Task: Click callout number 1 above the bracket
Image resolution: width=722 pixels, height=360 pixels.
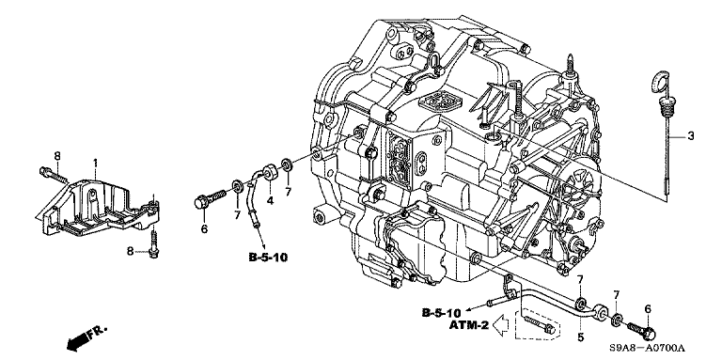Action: [x=95, y=163]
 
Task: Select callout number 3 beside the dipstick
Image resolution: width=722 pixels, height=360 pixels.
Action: [x=690, y=136]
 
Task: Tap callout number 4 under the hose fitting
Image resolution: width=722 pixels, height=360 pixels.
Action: [x=271, y=201]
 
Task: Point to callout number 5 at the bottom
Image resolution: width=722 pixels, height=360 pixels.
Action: [x=581, y=337]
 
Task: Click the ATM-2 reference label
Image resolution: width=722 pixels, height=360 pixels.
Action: [x=469, y=325]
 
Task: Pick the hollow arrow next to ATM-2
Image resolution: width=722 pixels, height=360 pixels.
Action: [x=500, y=325]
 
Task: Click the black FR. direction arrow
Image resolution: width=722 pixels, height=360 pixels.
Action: [x=86, y=337]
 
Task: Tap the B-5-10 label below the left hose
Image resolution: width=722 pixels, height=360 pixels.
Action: [x=268, y=258]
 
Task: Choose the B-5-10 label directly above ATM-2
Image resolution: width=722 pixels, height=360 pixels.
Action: [x=442, y=313]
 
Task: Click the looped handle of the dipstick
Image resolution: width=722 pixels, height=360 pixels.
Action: [x=661, y=81]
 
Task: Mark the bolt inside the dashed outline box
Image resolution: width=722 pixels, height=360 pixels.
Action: [x=540, y=324]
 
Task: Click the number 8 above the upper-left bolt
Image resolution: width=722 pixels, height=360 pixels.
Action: [x=57, y=156]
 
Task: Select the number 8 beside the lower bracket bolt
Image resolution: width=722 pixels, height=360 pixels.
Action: [x=131, y=251]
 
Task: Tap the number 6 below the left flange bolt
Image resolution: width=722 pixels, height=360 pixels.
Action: [x=204, y=228]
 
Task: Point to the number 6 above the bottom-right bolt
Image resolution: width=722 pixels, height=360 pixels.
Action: [x=648, y=309]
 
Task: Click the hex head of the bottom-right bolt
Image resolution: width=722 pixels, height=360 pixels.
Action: [x=648, y=332]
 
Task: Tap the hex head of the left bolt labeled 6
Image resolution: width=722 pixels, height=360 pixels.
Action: [x=201, y=202]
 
